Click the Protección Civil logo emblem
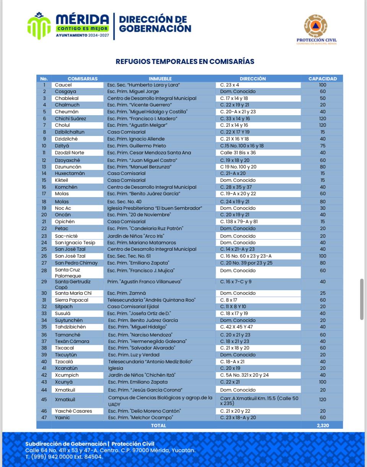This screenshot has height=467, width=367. point(315,26)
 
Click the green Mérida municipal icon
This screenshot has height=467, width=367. point(39,26)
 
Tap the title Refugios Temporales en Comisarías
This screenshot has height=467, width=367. point(185,61)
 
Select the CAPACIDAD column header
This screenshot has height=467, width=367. point(323,78)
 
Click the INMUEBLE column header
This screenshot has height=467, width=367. point(160,78)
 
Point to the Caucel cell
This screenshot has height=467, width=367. point(63,85)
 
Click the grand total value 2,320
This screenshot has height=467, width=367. point(323,425)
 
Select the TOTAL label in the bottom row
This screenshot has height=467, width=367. point(159,425)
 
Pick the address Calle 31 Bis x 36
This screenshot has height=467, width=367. point(238,153)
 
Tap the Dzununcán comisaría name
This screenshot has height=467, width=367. point(68,167)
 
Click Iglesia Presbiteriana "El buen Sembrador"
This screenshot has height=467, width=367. point(154,208)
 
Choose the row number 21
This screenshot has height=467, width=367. point(44,222)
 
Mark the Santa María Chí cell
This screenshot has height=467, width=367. point(73,293)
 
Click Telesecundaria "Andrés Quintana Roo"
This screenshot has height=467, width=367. point(151,300)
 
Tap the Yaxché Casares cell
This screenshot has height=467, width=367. point(73,411)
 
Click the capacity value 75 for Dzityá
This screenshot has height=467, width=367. point(323,146)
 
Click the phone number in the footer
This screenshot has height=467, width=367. point(64,457)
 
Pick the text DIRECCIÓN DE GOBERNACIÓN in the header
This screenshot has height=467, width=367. point(155,24)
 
